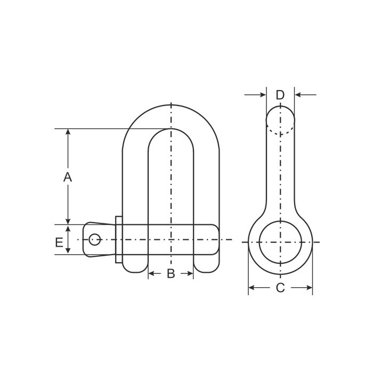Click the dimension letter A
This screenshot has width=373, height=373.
tap(68, 177)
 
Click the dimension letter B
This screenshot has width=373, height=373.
tap(171, 273)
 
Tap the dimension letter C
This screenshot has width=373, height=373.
tap(280, 288)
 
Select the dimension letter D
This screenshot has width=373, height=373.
tap(280, 95)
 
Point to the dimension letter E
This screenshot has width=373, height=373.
tap(59, 242)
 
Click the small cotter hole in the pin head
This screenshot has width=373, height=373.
tap(94, 239)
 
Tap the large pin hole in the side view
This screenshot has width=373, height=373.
tap(280, 242)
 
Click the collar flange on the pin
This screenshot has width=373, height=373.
tap(119, 240)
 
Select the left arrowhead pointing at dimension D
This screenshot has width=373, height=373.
tap(263, 95)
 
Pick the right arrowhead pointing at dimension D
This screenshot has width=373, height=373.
tap(298, 95)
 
